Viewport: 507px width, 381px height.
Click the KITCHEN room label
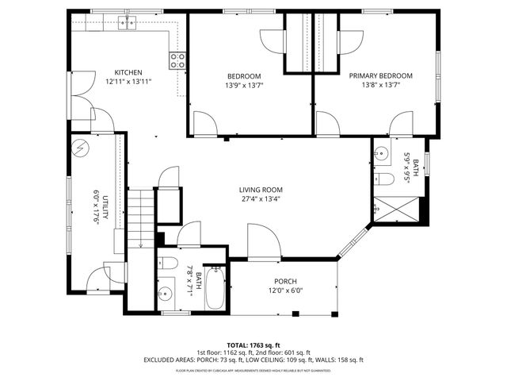tap(128, 72)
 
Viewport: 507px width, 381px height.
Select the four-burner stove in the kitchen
tap(177, 58)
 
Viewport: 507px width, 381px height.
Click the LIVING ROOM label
tap(261, 190)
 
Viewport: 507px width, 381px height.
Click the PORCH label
tap(285, 282)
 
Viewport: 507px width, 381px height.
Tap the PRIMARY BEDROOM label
tap(381, 76)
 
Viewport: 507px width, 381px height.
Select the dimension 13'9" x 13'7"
tap(244, 85)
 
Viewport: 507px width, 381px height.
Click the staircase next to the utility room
tap(139, 218)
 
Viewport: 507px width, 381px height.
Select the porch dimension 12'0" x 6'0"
tap(285, 291)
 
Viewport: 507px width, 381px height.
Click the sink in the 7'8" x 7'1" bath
tap(166, 295)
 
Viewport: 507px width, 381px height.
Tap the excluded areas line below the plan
tap(253, 360)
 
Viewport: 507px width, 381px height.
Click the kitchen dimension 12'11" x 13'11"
tap(128, 81)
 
